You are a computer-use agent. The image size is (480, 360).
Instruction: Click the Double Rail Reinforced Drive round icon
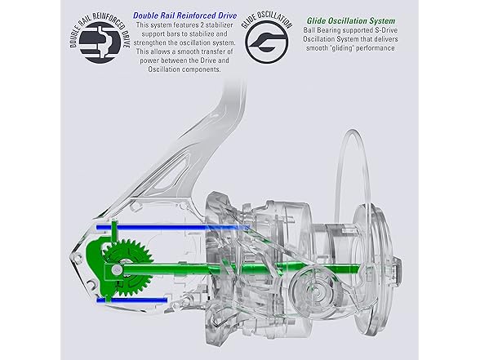pos(100,42)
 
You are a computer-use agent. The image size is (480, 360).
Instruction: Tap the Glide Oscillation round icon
pos(267,42)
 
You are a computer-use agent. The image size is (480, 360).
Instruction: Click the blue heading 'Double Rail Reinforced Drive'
pos(184,16)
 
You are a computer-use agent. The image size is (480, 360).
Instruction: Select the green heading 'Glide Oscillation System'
pos(351,21)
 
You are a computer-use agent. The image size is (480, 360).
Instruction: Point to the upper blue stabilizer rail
pos(173,228)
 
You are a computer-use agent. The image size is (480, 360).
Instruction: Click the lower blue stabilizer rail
pos(132,300)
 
